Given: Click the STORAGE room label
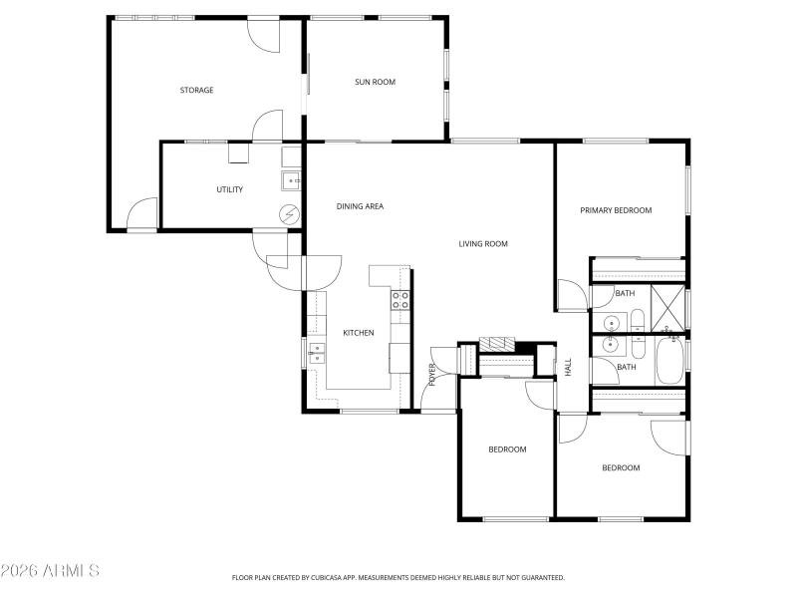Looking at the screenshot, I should (x=196, y=91).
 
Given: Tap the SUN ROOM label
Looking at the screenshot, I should (x=376, y=82).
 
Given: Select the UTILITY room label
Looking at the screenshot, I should (x=230, y=189).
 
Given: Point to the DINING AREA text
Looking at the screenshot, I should (x=360, y=206).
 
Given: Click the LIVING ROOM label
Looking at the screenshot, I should (x=483, y=243).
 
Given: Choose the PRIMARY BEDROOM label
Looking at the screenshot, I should (x=616, y=210).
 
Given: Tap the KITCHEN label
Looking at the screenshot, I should (x=358, y=333).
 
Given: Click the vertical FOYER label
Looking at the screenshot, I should (x=432, y=374).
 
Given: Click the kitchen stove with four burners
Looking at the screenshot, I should (x=400, y=301).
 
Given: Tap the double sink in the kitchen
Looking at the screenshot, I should (x=317, y=350).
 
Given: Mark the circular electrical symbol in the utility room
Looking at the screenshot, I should (x=290, y=213).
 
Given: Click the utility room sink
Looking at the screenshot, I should (x=291, y=179).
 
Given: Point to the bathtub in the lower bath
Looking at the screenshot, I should (x=668, y=360).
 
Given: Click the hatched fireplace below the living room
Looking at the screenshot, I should (x=494, y=344).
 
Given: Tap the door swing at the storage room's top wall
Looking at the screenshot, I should (x=263, y=35).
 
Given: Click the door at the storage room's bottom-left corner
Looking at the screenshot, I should (x=142, y=214).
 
